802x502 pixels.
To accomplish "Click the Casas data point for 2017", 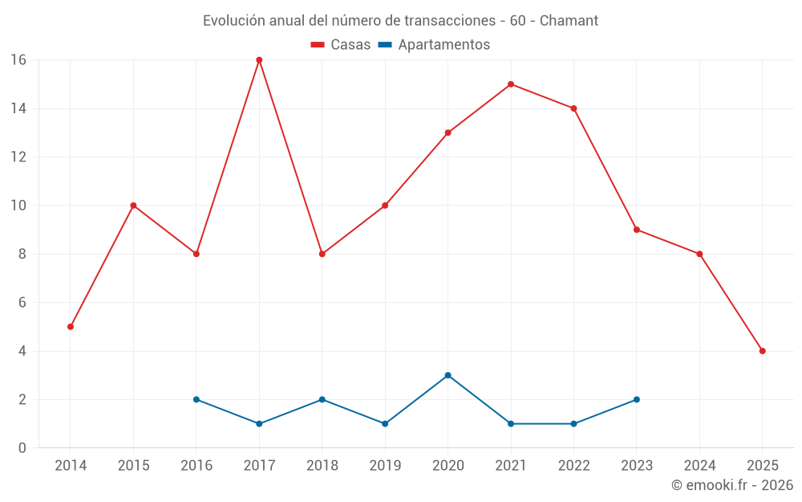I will (x=259, y=60).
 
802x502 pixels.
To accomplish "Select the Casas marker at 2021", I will (x=511, y=84).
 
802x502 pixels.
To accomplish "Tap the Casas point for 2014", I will (x=71, y=327).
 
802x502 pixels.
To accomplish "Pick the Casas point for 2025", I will (x=762, y=351).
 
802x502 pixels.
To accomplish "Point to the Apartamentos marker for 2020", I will (x=448, y=375).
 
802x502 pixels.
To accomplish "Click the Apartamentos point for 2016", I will (x=196, y=399).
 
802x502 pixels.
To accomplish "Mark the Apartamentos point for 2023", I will (x=636, y=399).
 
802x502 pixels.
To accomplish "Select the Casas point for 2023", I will (x=636, y=230).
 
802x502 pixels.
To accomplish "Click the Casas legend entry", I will (x=341, y=45).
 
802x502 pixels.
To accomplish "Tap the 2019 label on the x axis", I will (x=385, y=466).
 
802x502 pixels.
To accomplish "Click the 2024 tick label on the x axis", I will (x=699, y=466).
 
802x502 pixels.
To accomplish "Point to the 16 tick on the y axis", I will (x=18, y=60).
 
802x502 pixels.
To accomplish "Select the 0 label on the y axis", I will (x=22, y=448).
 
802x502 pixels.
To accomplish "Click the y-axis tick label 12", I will (x=18, y=157).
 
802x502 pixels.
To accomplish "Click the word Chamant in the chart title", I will (x=569, y=21).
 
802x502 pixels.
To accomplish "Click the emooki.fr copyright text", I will (x=732, y=485).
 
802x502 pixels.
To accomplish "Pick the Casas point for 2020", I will (x=448, y=133).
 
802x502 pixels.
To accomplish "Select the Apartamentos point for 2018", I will (x=322, y=399).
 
